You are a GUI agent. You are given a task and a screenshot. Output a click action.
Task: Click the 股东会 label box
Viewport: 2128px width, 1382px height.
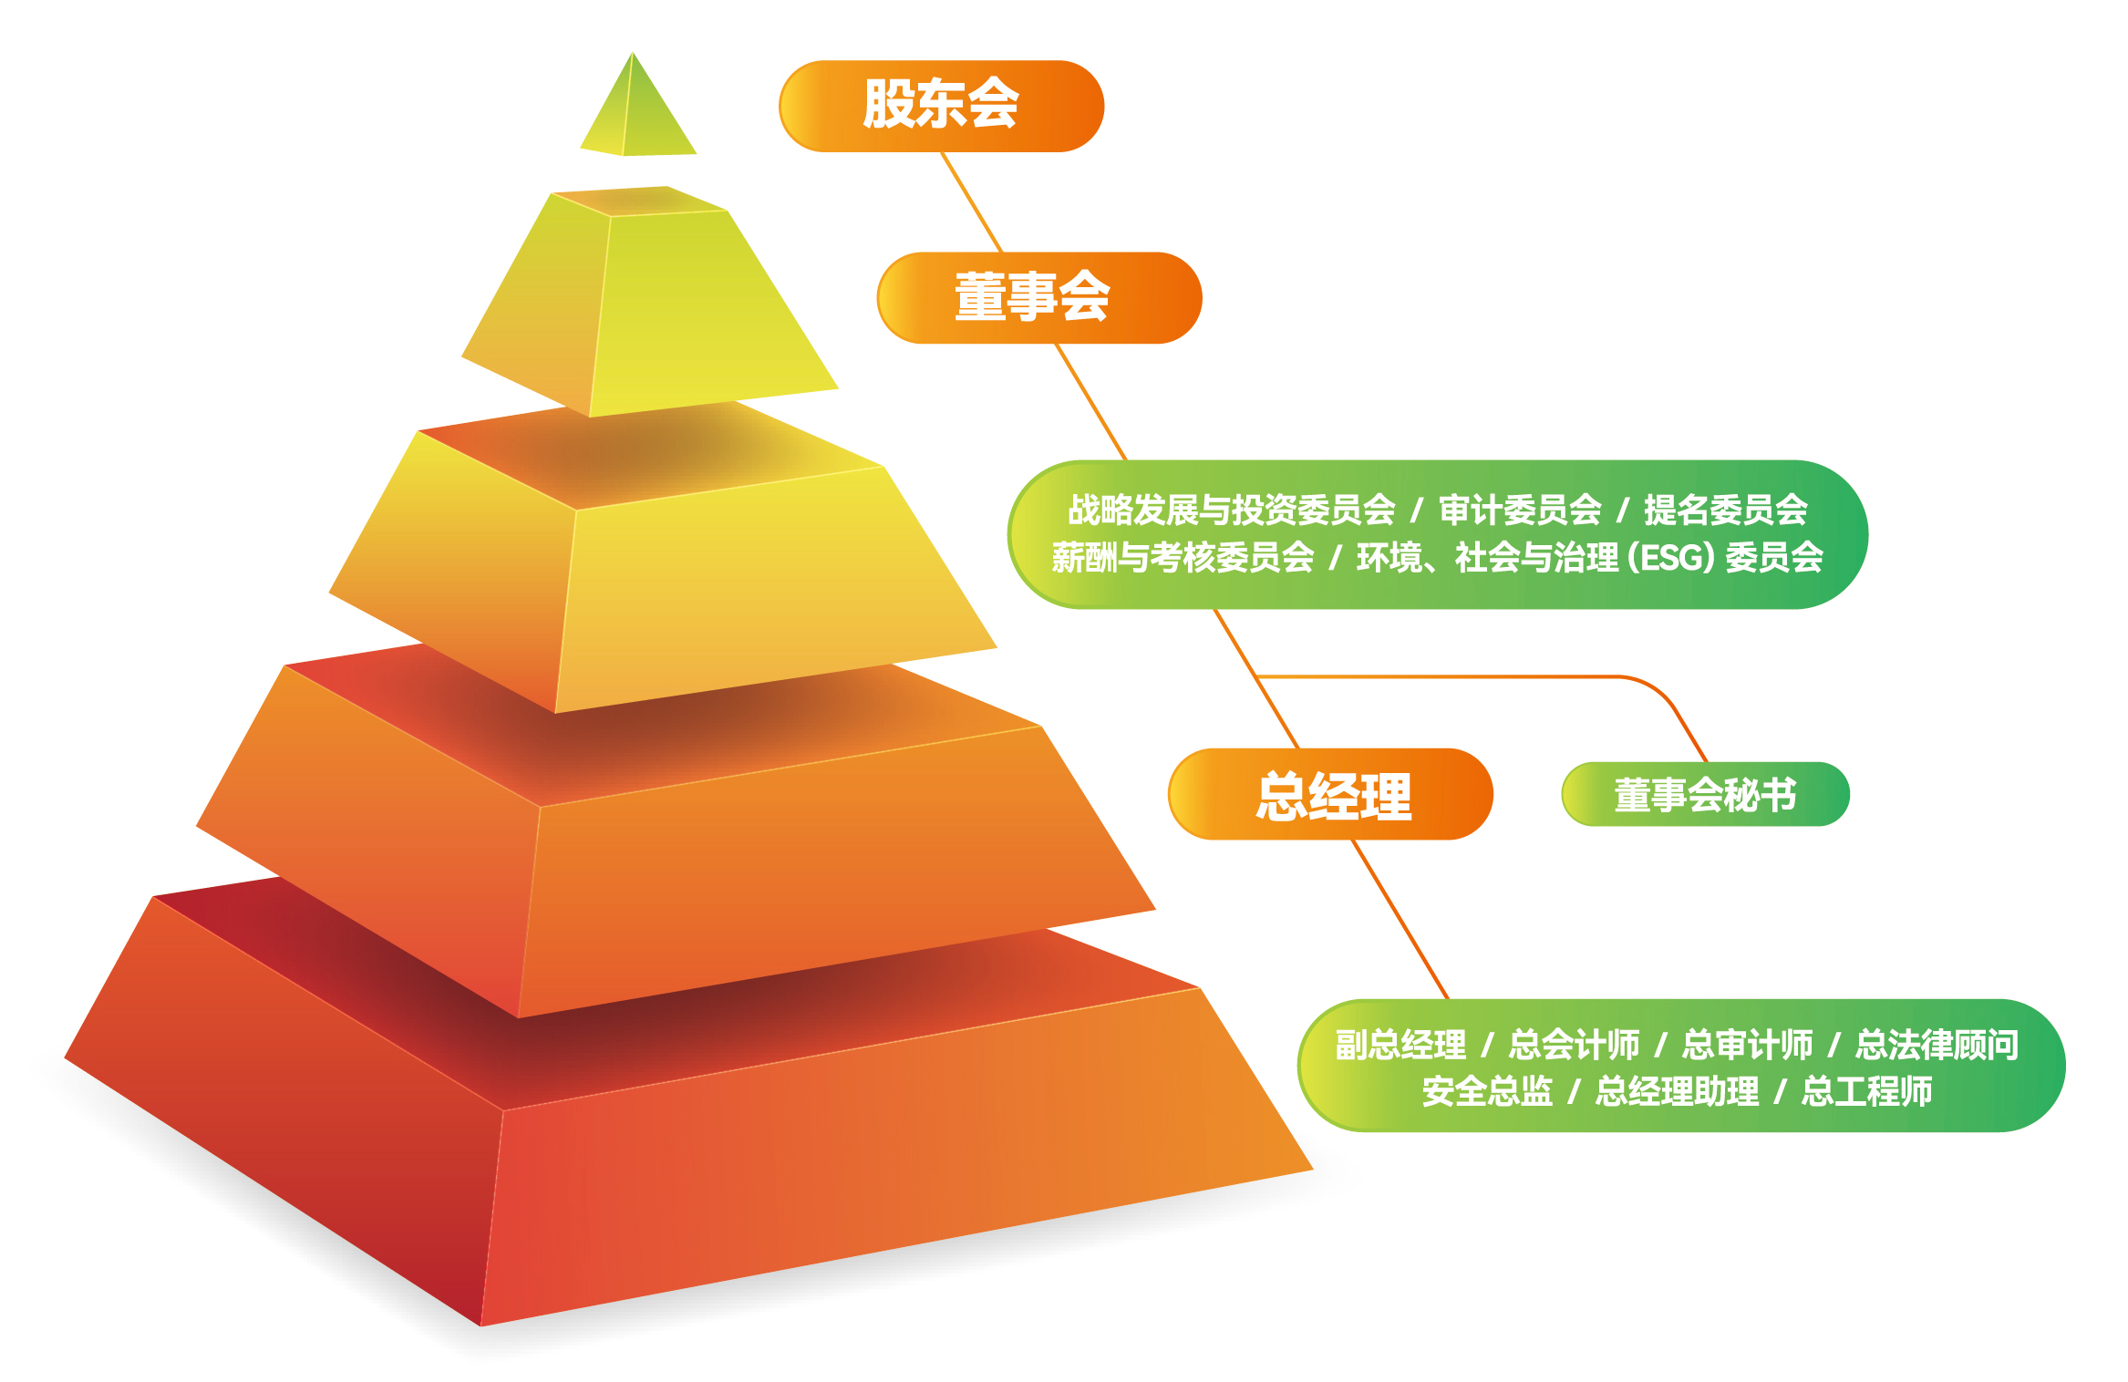[941, 106]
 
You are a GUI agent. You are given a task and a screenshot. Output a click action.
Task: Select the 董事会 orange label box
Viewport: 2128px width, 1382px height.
[1038, 297]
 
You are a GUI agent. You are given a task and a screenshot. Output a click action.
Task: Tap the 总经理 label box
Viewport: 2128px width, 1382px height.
[1330, 794]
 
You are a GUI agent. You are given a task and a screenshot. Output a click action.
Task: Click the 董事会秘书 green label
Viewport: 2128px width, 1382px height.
[1705, 794]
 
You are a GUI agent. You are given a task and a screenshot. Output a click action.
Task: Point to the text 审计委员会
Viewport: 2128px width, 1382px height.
[1520, 510]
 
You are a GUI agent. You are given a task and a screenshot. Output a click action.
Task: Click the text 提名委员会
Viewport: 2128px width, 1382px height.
[1725, 510]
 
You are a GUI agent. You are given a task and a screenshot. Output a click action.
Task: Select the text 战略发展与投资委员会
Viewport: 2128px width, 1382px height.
[1231, 510]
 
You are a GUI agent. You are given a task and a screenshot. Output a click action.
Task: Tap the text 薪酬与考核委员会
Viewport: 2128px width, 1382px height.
[1183, 557]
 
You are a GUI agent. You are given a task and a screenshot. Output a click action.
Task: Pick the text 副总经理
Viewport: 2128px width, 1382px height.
[1400, 1045]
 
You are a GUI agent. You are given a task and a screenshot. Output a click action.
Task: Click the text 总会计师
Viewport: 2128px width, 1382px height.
[1574, 1045]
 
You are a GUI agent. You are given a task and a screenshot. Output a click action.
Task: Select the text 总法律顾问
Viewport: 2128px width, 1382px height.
[1937, 1045]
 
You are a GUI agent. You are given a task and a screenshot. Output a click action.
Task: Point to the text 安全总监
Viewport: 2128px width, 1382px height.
[1487, 1091]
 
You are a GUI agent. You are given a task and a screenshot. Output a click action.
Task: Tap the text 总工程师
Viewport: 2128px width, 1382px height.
[1866, 1091]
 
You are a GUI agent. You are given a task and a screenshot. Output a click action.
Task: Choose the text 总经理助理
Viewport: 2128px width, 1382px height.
[1677, 1091]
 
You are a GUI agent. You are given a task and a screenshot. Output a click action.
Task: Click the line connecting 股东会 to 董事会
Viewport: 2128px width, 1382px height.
[972, 201]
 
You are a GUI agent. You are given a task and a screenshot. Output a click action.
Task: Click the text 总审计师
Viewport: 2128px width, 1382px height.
[1747, 1045]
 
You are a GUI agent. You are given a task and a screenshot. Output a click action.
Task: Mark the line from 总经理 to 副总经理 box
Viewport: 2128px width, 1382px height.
[1400, 919]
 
